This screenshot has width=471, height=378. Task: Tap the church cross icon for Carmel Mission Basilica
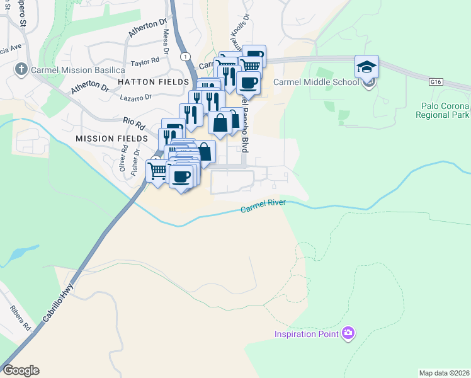pyautogui.click(x=21, y=69)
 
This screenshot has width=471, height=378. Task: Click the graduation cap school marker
pyautogui.click(x=367, y=66)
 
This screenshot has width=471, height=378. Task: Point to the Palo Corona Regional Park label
pyautogui.click(x=443, y=110)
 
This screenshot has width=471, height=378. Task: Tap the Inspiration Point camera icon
pyautogui.click(x=348, y=333)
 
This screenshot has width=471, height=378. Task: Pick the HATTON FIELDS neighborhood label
pyautogui.click(x=152, y=83)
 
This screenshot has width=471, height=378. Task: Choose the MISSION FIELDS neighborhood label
pyautogui.click(x=111, y=138)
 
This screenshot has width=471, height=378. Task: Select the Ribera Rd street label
pyautogui.click(x=20, y=318)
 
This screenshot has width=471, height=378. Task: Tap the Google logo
pyautogui.click(x=21, y=370)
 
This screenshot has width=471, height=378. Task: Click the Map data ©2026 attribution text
pyautogui.click(x=444, y=373)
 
